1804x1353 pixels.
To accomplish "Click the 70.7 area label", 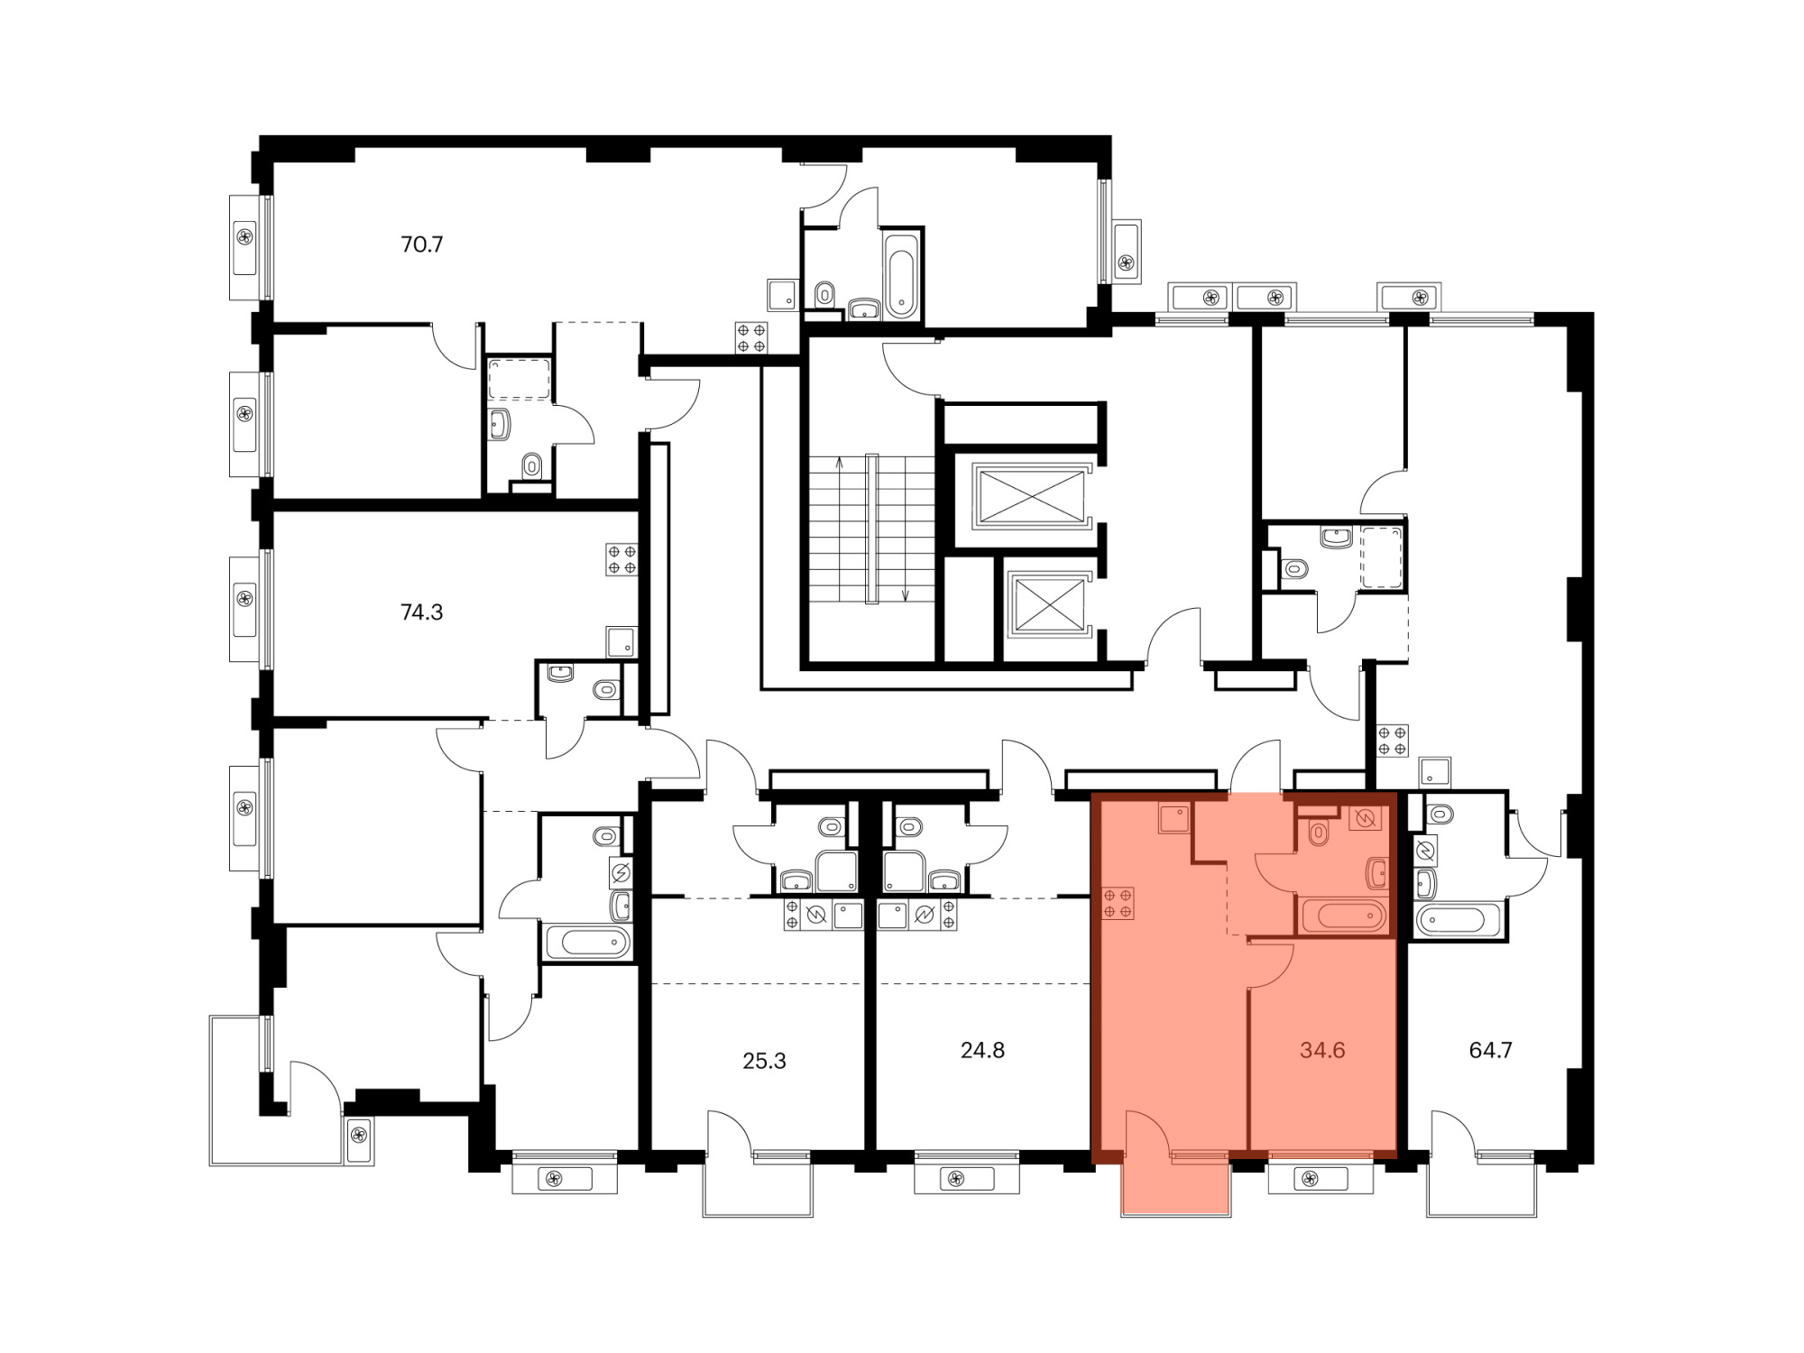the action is (x=422, y=244).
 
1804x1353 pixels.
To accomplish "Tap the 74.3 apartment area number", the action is (x=421, y=612).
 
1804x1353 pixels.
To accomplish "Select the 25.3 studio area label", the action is (x=764, y=1062).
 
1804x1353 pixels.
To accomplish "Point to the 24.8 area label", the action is (x=982, y=1050).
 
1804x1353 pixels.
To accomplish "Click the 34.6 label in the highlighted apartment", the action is (x=1322, y=1050).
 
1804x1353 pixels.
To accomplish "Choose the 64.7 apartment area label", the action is (x=1490, y=1050).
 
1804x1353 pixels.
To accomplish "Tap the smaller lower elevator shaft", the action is (x=1048, y=604).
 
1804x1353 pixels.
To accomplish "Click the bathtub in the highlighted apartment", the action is (x=1344, y=916).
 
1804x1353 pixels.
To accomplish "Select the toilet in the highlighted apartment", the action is (x=1319, y=832).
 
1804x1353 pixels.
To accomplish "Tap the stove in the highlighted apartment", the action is (x=1118, y=904).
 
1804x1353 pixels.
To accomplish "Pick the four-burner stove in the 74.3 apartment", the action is (x=621, y=559).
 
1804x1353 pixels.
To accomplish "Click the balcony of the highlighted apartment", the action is (x=1176, y=1186).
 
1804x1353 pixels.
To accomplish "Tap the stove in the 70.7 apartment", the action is (x=751, y=338).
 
